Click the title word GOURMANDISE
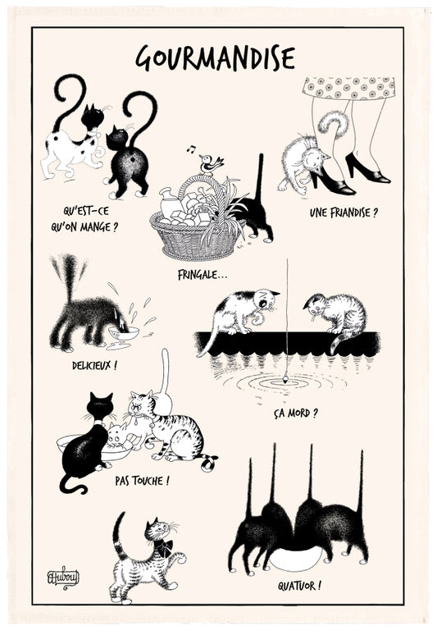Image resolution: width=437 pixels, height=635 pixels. click(216, 57)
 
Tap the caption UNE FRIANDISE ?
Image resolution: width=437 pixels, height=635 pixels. click(344, 212)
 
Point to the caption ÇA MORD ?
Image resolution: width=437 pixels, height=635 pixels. click(295, 412)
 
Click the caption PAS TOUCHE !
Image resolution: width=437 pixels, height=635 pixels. click(142, 479)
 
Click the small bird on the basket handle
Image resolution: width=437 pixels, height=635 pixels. click(212, 164)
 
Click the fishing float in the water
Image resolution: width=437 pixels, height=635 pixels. click(286, 377)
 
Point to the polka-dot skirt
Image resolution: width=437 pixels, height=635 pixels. click(348, 88)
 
